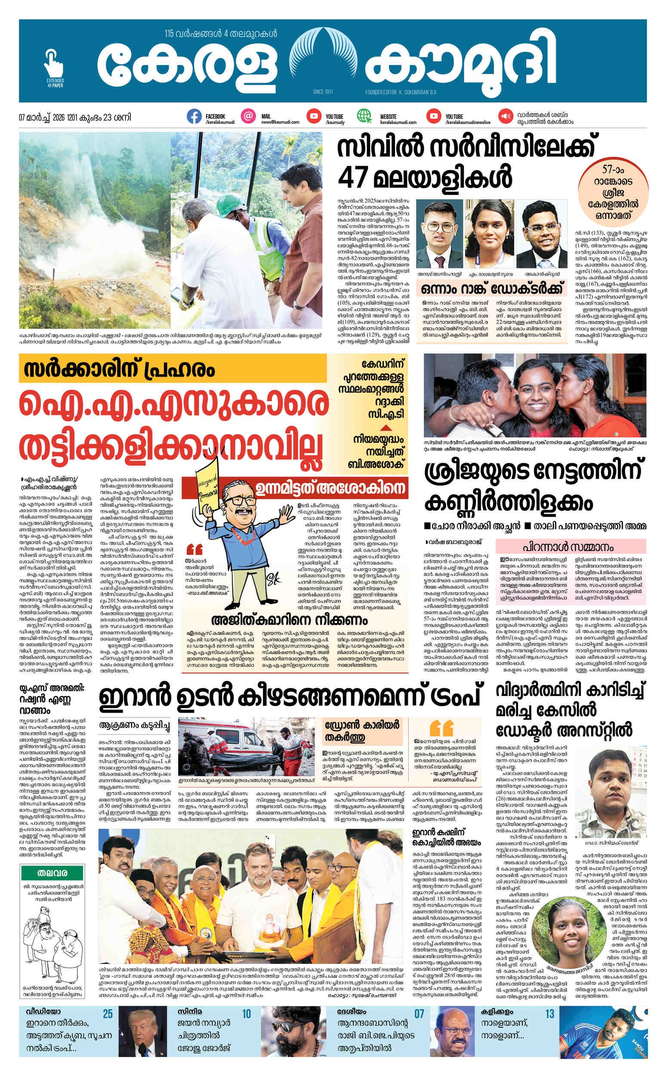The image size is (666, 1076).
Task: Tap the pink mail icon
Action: [x=249, y=116]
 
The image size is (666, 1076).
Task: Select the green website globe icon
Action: [x=364, y=116]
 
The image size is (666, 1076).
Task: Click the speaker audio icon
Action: [x=504, y=116]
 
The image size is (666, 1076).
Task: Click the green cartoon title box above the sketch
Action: [x=52, y=860]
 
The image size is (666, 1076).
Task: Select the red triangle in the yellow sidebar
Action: [x=386, y=427]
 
